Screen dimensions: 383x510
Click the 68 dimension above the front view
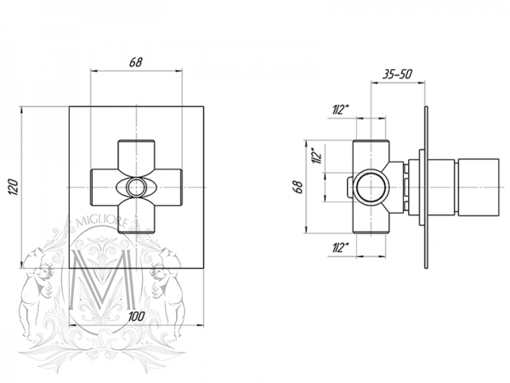pos(136,62)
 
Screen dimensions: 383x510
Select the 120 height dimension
pos(12,186)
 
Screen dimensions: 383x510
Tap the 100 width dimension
pos(136,316)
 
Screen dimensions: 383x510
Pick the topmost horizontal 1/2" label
pos(342,110)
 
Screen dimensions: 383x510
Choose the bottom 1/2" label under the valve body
pos(342,248)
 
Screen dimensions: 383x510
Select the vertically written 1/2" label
pos(315,156)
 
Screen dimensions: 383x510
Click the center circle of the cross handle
pos(136,186)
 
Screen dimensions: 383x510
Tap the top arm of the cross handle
pos(136,154)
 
